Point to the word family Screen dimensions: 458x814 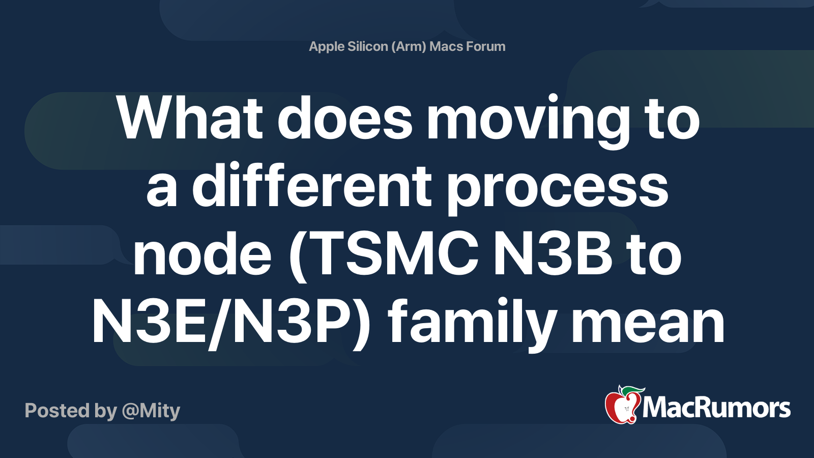tap(471, 323)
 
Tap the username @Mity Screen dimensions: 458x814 tap(151, 411)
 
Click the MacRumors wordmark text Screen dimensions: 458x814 tap(716, 408)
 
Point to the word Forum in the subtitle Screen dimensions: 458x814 tap(486, 46)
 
